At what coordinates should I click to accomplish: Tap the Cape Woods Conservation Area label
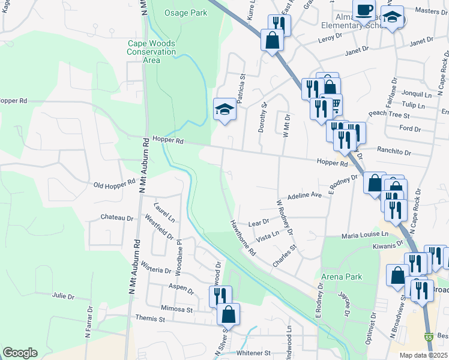(151, 52)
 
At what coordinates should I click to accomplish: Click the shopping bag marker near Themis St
(228, 314)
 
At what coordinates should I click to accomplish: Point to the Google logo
(20, 353)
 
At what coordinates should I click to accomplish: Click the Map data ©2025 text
(423, 355)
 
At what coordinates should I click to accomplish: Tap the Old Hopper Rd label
(115, 183)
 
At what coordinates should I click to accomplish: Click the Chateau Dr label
(116, 217)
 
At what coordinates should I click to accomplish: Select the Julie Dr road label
(62, 296)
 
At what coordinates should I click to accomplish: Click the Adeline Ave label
(306, 196)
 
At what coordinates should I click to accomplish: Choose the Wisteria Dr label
(156, 269)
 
